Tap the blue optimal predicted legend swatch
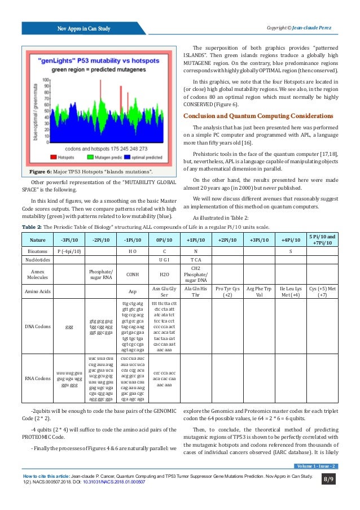pos(128,157)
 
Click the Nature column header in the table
pos(38,239)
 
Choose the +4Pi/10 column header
pos(291,239)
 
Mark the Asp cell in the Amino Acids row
pos(131,291)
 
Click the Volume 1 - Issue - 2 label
pos(316,466)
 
